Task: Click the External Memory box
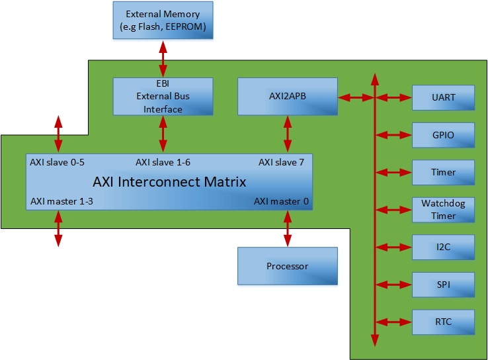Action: pyautogui.click(x=163, y=21)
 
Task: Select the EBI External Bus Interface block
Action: pyautogui.click(x=163, y=97)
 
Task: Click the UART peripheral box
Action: pyautogui.click(x=443, y=97)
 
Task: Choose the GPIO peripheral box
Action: pyautogui.click(x=443, y=135)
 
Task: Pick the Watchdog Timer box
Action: pyautogui.click(x=443, y=210)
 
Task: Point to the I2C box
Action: pyautogui.click(x=443, y=247)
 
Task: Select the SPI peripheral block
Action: pyautogui.click(x=443, y=285)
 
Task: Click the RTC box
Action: pyautogui.click(x=443, y=322)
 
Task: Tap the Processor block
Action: pyautogui.click(x=287, y=266)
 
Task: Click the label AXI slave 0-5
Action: pyautogui.click(x=57, y=162)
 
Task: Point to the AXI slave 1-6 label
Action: pyautogui.click(x=163, y=162)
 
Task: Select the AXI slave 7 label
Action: pyautogui.click(x=280, y=162)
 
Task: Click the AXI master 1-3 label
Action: pyautogui.click(x=57, y=201)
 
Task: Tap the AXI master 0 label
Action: pyautogui.click(x=281, y=201)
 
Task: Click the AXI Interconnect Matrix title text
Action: pyautogui.click(x=169, y=181)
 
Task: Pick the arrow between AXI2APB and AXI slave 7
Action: pyautogui.click(x=287, y=135)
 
